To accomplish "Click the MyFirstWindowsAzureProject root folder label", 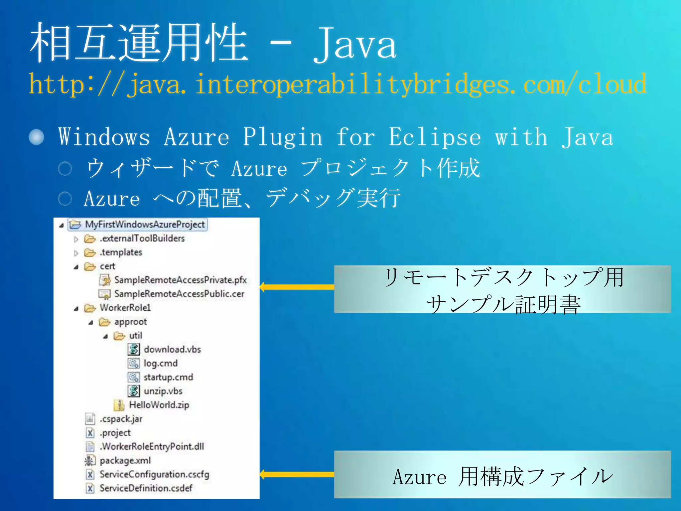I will (x=145, y=225).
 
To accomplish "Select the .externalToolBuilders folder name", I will (x=142, y=239).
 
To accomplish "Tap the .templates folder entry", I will (x=121, y=253).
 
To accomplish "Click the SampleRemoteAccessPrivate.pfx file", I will (x=181, y=280).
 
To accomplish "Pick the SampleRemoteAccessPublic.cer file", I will (x=179, y=294).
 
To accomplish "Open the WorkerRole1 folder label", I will (x=125, y=308).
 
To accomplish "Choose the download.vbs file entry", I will (x=172, y=349).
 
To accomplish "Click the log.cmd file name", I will (x=161, y=363).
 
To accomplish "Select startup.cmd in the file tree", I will (x=168, y=377).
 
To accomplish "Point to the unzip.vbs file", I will (x=163, y=391).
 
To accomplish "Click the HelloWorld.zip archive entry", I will (x=159, y=405).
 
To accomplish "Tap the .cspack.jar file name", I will (x=121, y=419).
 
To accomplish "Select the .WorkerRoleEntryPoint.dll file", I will (x=152, y=446).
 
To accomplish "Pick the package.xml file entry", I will (x=125, y=460).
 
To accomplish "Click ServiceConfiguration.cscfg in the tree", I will (x=154, y=474).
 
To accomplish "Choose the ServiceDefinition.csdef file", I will (x=146, y=488).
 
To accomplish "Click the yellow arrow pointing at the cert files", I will (x=297, y=287).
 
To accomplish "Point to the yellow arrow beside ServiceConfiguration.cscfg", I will (x=297, y=474).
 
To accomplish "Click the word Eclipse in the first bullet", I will (x=435, y=137).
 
